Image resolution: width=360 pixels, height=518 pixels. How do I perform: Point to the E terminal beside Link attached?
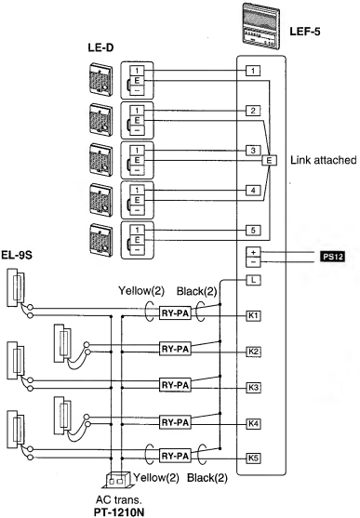pyautogui.click(x=271, y=160)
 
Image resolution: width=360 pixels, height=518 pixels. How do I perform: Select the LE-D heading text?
pyautogui.click(x=100, y=46)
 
